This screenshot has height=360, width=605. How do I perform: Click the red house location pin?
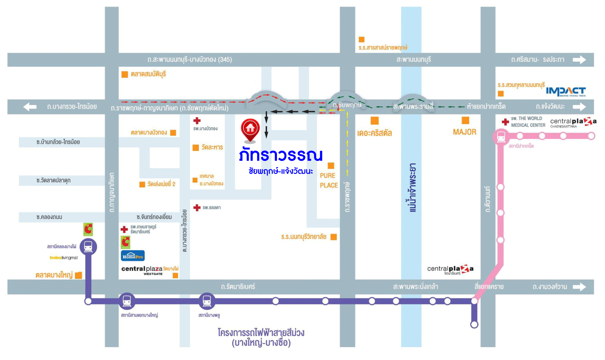point(250,130)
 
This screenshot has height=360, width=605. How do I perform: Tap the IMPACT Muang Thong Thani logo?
point(565,91)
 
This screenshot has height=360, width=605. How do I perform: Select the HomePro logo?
point(133,256)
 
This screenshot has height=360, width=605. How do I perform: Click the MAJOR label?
point(465,132)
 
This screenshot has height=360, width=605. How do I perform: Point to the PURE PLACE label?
point(329,180)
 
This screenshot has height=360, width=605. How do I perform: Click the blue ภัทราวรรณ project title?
point(280,155)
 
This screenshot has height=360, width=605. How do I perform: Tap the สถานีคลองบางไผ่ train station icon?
point(88,246)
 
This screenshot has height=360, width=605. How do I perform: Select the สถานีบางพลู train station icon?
point(207,301)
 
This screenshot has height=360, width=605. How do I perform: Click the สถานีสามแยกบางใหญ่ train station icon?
point(127,301)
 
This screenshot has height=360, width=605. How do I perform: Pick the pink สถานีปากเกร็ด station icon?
point(501,137)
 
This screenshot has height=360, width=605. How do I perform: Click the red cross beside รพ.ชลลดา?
point(197,208)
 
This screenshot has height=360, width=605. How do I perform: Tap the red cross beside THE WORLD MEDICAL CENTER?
point(505,122)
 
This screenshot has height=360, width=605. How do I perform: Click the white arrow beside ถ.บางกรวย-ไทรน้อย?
point(30,107)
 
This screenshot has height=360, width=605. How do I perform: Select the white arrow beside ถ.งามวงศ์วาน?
point(579,287)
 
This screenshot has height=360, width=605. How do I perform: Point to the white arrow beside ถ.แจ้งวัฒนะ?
point(579,107)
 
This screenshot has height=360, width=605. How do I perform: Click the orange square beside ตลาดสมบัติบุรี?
point(125,74)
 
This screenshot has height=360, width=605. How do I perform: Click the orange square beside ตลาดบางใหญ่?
point(78,275)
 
